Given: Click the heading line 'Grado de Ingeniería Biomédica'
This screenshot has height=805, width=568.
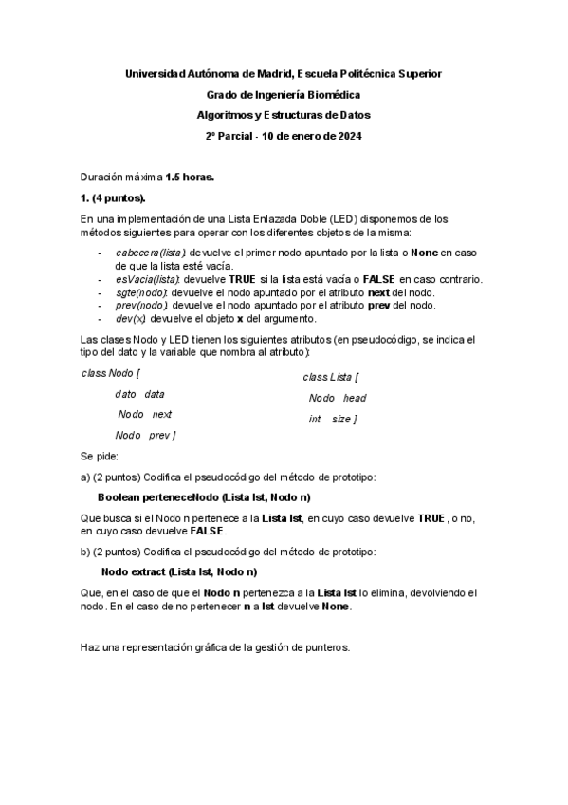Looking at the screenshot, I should click(x=284, y=94).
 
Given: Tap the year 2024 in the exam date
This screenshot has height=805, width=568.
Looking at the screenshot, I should click(x=348, y=136).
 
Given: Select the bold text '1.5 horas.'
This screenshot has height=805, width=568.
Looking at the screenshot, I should click(x=190, y=178).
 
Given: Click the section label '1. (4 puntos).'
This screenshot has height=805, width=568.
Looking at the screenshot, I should click(x=114, y=198).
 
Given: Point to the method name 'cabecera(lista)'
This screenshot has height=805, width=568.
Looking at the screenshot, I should click(x=150, y=253).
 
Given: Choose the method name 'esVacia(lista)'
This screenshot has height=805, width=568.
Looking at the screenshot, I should click(x=148, y=278).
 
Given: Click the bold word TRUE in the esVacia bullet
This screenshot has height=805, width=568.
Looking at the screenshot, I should click(x=243, y=278).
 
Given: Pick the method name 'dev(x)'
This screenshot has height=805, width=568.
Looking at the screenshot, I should click(x=130, y=318).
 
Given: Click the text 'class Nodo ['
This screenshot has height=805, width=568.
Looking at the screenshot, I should click(x=111, y=372).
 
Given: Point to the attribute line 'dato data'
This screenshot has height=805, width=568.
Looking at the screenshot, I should click(x=139, y=393).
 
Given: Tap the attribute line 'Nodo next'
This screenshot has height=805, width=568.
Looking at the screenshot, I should click(x=144, y=414).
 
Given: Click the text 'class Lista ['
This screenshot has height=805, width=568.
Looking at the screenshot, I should click(x=330, y=377).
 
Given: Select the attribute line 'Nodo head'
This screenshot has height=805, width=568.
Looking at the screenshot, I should click(x=337, y=398).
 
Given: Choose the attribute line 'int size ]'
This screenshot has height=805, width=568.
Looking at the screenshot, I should click(x=332, y=419).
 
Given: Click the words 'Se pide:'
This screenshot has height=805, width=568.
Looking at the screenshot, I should click(x=100, y=456).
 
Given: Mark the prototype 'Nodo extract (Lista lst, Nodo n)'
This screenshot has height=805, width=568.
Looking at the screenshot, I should click(x=179, y=572).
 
